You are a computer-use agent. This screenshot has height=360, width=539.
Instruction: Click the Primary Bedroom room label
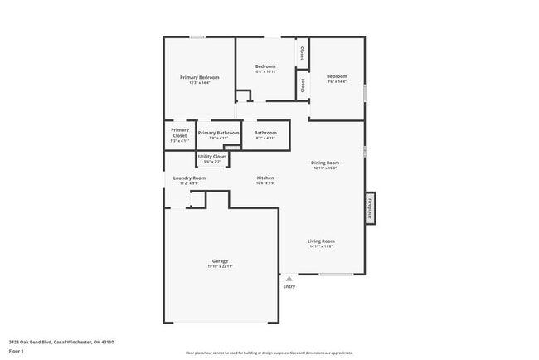pyautogui.click(x=199, y=77)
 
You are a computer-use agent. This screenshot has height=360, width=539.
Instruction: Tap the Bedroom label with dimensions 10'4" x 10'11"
pyautogui.click(x=265, y=66)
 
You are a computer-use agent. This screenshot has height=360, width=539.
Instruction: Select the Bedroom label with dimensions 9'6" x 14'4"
pyautogui.click(x=337, y=76)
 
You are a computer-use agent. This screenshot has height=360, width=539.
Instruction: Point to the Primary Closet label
pyautogui.click(x=180, y=130)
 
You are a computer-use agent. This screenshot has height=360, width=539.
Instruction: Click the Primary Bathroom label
pyautogui.click(x=218, y=133)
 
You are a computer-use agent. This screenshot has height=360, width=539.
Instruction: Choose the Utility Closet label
pyautogui.click(x=211, y=156)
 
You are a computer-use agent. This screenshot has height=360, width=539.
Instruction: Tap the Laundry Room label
pyautogui.click(x=189, y=178)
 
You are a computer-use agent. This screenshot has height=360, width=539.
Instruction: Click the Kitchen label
pyautogui.click(x=265, y=178)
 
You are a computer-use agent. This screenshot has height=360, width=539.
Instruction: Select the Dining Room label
pyautogui.click(x=325, y=163)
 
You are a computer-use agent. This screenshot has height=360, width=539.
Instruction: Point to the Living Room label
pyautogui.click(x=321, y=241)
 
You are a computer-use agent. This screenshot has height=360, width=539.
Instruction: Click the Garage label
pyautogui.click(x=220, y=260)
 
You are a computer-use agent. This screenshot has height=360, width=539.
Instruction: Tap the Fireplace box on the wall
pyautogui.click(x=369, y=207)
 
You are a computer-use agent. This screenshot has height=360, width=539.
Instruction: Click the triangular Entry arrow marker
pyautogui.click(x=289, y=279)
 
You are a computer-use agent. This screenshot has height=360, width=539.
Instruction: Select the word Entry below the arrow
pyautogui.click(x=289, y=287)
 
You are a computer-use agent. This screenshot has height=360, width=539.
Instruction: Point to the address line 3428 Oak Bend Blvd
pyautogui.click(x=61, y=342)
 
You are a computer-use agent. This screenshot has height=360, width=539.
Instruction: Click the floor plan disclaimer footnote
pyautogui.click(x=269, y=352)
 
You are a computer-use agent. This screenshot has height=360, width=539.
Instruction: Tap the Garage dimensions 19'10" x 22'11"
pyautogui.click(x=220, y=266)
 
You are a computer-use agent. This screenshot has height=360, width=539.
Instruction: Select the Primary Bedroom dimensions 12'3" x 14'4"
pyautogui.click(x=199, y=83)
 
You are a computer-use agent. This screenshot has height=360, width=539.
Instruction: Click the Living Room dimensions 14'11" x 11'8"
pyautogui.click(x=321, y=246)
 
